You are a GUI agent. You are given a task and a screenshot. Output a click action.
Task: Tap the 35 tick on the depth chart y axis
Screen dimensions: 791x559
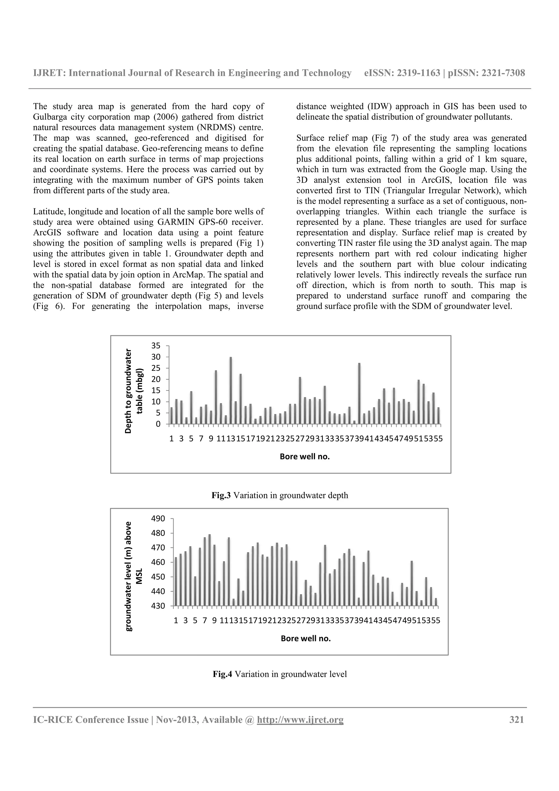(156, 346)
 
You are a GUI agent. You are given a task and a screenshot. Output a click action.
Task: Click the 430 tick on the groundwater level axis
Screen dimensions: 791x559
(158, 606)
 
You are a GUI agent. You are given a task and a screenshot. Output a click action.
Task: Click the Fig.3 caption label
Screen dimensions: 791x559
(221, 495)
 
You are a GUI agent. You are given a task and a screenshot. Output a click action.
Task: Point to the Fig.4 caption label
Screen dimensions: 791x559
(222, 674)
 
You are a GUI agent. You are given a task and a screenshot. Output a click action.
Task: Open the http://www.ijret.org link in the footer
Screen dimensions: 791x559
(300, 720)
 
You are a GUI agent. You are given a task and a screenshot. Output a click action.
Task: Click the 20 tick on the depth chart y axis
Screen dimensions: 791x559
(156, 379)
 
